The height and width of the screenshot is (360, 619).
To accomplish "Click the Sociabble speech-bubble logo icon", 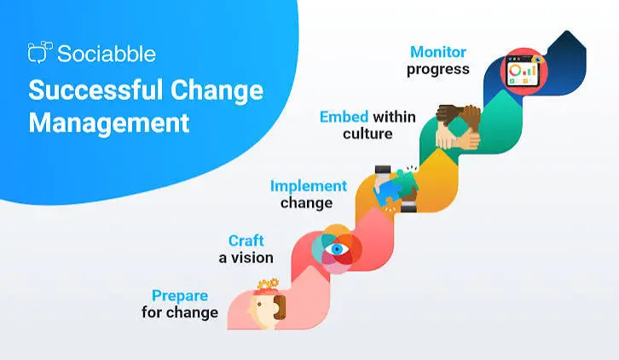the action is click(40, 52).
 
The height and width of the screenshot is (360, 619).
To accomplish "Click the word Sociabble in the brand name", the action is click(107, 54).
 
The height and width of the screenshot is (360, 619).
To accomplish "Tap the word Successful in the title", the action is click(95, 90).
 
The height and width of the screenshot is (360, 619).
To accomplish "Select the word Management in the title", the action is click(109, 123).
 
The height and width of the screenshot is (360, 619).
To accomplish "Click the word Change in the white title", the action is click(217, 91).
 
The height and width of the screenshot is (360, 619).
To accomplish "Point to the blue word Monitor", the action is click(438, 52).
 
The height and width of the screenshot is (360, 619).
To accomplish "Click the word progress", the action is click(438, 70).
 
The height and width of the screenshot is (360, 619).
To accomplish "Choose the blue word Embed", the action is click(344, 117).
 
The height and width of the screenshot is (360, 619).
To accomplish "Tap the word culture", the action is click(367, 134).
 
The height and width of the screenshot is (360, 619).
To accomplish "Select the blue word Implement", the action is click(309, 187).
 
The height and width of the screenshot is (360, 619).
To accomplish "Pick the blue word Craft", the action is click(246, 241).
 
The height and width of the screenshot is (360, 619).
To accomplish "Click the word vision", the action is click(252, 258).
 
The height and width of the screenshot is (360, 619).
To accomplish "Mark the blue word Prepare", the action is click(180, 295).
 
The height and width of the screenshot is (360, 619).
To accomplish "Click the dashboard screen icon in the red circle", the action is click(524, 72).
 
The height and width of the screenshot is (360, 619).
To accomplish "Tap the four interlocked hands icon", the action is click(458, 127).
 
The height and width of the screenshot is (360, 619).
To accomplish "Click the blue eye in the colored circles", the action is click(337, 249).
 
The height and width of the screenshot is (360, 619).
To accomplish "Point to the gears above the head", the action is click(268, 284).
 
